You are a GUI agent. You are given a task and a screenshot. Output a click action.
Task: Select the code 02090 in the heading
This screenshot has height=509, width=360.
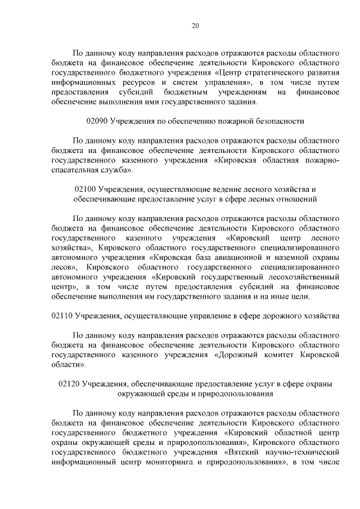coord(97,121)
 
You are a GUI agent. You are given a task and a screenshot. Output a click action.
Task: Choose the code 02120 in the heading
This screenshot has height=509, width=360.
coord(69,384)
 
